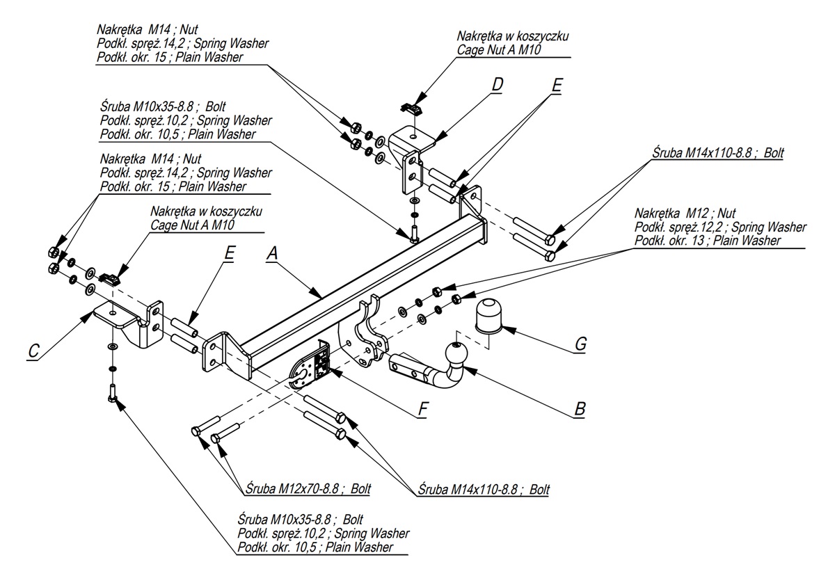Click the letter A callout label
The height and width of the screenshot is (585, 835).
[272, 255]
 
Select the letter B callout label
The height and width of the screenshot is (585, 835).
[578, 410]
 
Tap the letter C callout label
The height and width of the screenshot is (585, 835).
[33, 352]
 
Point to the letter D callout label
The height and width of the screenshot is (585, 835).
[497, 85]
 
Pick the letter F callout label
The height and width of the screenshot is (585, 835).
[422, 410]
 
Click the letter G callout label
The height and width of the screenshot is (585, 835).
[581, 344]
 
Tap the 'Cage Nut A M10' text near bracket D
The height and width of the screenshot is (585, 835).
[499, 49]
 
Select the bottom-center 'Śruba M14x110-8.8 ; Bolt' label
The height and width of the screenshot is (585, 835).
[484, 489]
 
